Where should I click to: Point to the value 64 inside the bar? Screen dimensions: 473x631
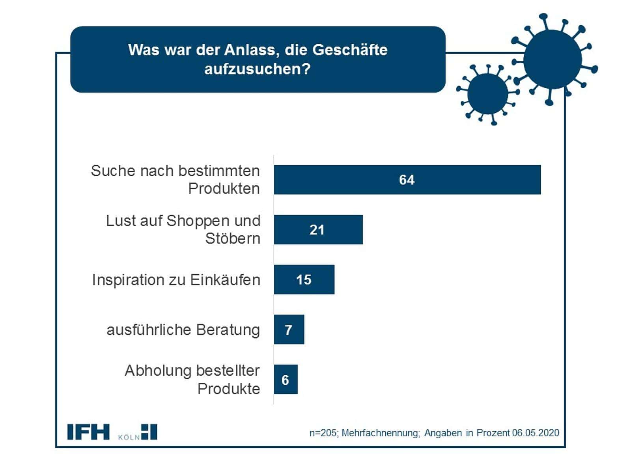(407, 180)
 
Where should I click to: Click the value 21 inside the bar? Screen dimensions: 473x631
(317, 229)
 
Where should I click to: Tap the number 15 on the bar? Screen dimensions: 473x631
(304, 279)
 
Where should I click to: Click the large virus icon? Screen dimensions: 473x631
(552, 60)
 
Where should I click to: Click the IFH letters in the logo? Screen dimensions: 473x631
(88, 432)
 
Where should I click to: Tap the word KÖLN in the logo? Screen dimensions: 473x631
(129, 437)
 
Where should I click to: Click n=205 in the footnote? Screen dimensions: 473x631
(323, 433)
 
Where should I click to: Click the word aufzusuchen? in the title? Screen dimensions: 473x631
(258, 69)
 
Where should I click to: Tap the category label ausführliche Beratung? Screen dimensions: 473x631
(183, 330)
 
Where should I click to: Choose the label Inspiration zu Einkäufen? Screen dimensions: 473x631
(176, 280)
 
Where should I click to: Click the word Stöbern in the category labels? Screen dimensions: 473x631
(233, 239)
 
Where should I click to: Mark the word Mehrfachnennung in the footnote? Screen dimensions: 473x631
(381, 433)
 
